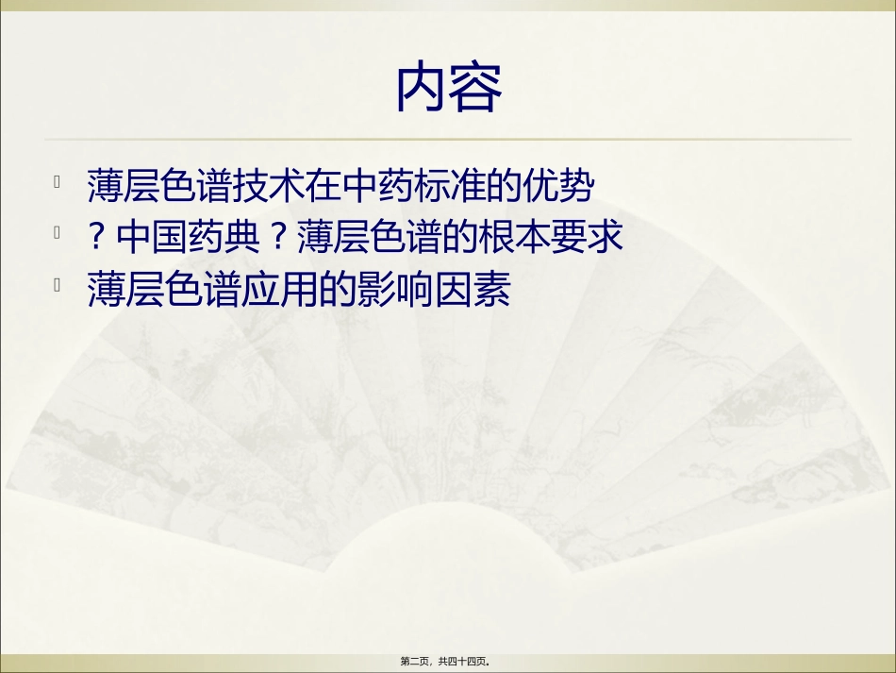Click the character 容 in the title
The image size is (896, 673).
click(x=475, y=87)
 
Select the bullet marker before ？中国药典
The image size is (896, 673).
click(x=58, y=232)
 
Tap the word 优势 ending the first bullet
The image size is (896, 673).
click(x=562, y=186)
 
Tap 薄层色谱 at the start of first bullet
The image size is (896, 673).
click(x=147, y=186)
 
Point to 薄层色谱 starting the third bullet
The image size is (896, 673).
click(x=147, y=291)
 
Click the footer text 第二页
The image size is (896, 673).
click(x=418, y=662)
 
